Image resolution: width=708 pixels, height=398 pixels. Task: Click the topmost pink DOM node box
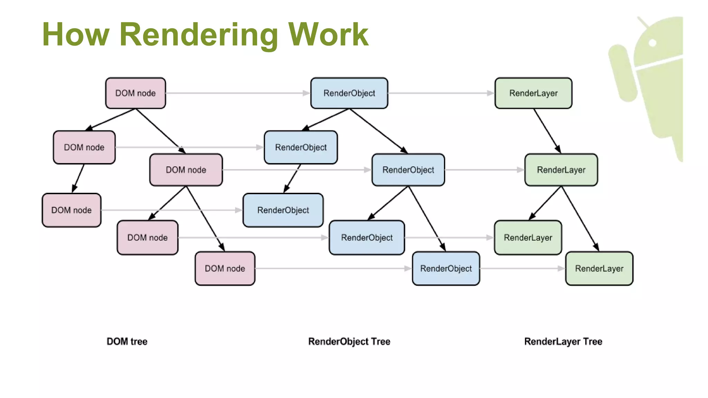point(136,93)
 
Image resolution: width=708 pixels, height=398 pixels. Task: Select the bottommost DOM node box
point(225,268)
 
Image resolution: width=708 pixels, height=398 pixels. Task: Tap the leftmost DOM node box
point(72,210)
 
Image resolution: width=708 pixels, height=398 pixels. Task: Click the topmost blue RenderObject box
point(349,93)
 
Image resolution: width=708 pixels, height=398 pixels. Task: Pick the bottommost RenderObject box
point(446,268)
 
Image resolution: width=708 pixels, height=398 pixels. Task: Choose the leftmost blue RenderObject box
point(283,210)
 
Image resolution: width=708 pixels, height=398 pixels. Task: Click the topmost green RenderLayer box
point(533,93)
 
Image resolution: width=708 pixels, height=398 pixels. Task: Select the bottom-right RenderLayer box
point(599,268)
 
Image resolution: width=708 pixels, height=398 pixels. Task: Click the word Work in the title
point(328,35)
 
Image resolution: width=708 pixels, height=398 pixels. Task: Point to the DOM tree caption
point(127,341)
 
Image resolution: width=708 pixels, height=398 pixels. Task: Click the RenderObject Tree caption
point(349,341)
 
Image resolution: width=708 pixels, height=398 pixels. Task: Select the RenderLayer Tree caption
point(563,341)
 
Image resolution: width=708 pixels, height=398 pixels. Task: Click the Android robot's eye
point(653,43)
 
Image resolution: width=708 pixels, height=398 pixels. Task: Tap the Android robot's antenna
point(643,22)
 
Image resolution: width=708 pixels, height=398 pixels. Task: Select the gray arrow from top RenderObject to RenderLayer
point(441,93)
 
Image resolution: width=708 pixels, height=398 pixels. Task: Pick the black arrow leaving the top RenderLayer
point(547,131)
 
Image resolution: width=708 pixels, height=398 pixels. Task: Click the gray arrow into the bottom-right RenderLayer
point(522,268)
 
